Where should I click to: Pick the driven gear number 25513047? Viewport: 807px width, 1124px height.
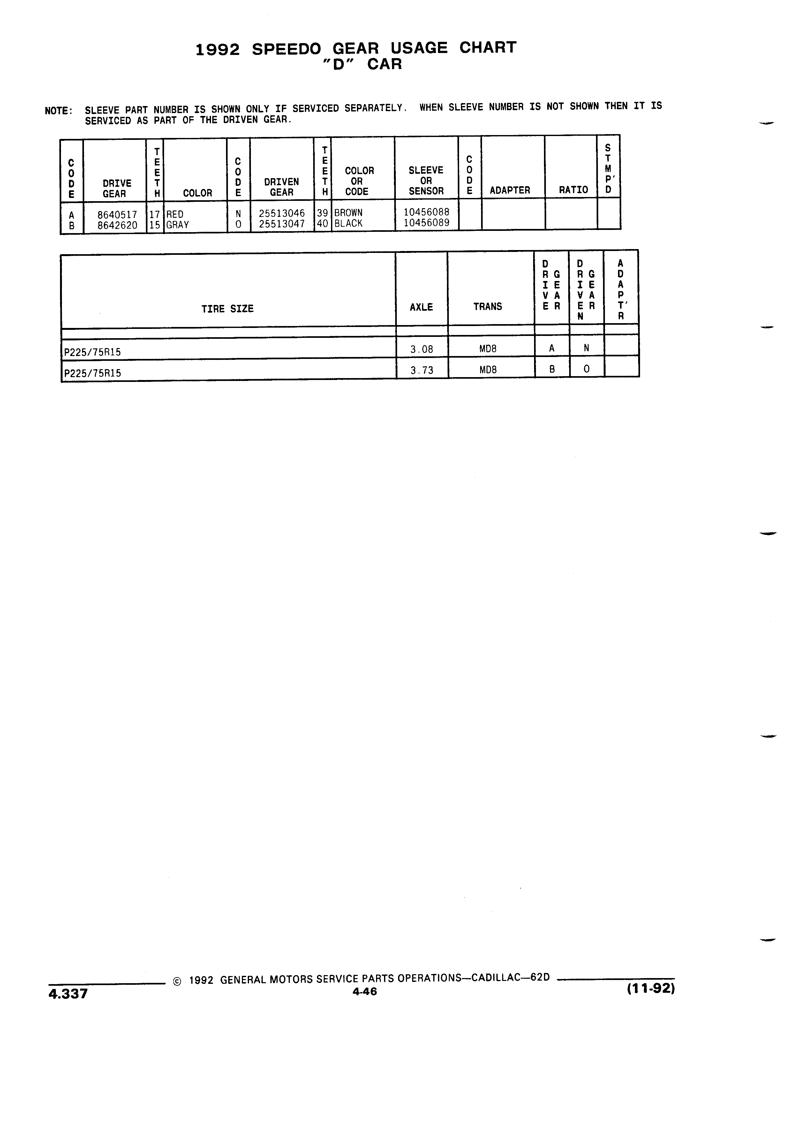click(x=282, y=224)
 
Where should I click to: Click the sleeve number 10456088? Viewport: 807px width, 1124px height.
click(x=426, y=212)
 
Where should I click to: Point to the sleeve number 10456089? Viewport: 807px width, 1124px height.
click(x=426, y=223)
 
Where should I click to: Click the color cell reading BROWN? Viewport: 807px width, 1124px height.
click(x=348, y=213)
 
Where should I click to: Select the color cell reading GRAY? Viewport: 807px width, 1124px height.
click(x=177, y=224)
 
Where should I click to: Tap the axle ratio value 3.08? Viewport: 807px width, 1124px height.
click(x=422, y=349)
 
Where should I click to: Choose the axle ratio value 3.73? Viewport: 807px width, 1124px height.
click(x=422, y=370)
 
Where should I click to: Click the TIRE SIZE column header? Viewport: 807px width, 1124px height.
click(x=227, y=309)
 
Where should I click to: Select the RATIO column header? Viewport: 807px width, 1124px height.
click(x=574, y=190)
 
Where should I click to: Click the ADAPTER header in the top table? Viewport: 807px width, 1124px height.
click(x=510, y=190)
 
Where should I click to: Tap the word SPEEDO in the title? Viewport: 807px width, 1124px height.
click(x=286, y=49)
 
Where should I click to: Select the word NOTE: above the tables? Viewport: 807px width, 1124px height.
click(x=58, y=111)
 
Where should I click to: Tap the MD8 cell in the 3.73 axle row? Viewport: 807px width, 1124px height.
click(x=488, y=370)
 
